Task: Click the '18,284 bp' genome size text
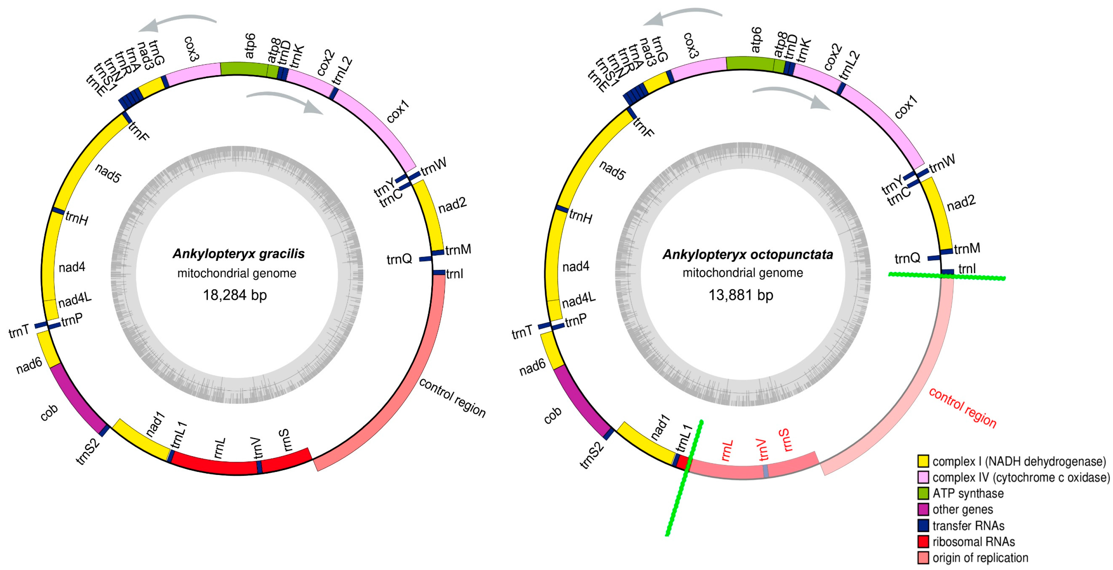click(x=235, y=295)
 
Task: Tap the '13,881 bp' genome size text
click(x=741, y=295)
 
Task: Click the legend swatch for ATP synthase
click(x=923, y=493)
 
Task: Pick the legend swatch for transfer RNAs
click(x=923, y=526)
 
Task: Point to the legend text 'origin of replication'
click(x=980, y=558)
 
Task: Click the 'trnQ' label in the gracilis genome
click(x=399, y=259)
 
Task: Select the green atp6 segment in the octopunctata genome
click(x=749, y=63)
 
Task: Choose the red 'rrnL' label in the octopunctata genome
click(x=727, y=451)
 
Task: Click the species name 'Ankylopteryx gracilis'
click(x=238, y=254)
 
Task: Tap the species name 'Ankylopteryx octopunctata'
click(x=747, y=254)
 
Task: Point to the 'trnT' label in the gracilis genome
click(x=19, y=332)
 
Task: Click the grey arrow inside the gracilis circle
click(x=285, y=102)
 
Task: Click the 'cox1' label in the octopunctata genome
click(x=906, y=107)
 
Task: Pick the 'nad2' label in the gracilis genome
click(x=453, y=205)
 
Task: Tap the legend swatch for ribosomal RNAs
click(x=923, y=541)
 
